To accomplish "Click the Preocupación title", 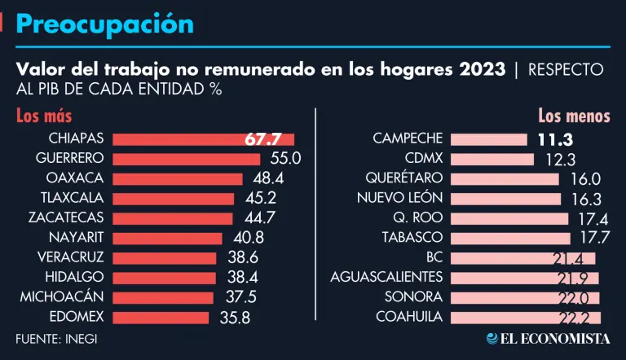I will coord(104,24).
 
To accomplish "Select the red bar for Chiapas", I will coord(204,139).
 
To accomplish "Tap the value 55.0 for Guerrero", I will coord(285,159).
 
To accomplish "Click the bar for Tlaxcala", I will coord(174,198).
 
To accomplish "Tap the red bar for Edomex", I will coord(162,317).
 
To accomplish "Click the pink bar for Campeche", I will coord(488,139).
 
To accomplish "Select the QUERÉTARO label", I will coord(404,178).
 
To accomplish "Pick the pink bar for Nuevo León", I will coord(505,198).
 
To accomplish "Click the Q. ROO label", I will coord(419,218).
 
